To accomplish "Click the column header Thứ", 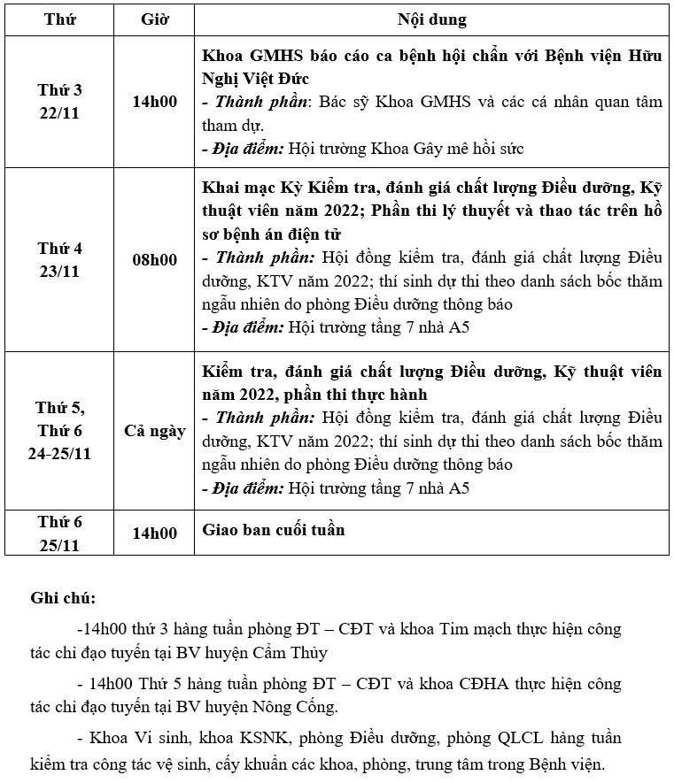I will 59,19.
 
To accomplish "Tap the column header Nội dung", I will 432,19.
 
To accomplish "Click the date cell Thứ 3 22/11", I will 59,102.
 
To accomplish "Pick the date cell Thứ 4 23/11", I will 59,259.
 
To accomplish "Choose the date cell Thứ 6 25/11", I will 59,534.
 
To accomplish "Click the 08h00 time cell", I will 154,260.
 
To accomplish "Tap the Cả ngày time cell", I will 154,431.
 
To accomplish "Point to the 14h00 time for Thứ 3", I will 154,102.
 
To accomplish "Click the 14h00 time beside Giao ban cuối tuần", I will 154,534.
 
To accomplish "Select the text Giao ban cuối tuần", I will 274,530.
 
